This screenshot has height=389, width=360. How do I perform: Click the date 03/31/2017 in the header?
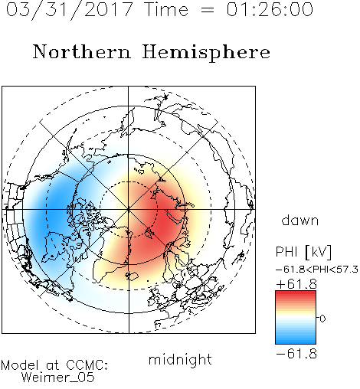coord(69,10)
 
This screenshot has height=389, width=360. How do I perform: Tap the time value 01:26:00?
coord(270,10)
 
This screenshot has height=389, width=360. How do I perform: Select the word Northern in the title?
coord(82,51)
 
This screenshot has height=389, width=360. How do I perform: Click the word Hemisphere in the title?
coord(206,53)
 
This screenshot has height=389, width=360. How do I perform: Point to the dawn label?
coord(300,220)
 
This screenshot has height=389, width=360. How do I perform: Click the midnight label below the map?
coord(180,359)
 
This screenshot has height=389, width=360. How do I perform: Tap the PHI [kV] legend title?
coord(304,252)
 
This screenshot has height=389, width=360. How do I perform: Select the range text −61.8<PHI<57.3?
coord(317,270)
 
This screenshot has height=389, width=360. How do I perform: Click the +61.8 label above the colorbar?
coord(296,284)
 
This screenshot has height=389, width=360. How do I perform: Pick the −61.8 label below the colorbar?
coord(296,354)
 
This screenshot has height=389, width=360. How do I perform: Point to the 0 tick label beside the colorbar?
coord(322,319)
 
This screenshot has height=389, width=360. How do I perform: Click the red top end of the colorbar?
coord(296,293)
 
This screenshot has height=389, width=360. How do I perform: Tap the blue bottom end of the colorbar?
coord(296,342)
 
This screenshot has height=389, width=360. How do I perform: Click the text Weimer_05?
coord(58,378)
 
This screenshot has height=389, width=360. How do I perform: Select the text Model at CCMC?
coord(54,364)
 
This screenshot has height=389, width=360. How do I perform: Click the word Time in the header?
coord(166,10)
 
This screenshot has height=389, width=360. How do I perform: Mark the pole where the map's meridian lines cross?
coord(129,209)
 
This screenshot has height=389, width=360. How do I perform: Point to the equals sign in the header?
coord(207,11)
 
